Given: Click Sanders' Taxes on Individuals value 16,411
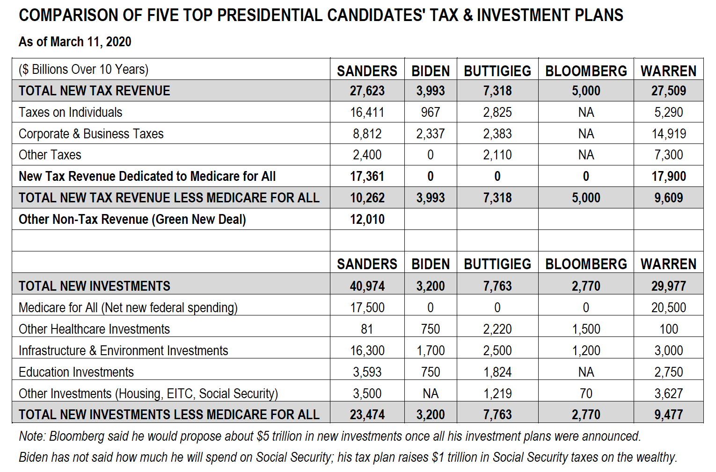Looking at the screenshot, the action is (x=367, y=112).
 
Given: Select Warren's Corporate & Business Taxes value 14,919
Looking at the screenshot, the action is (x=669, y=134).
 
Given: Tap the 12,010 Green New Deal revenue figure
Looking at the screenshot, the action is (x=367, y=219).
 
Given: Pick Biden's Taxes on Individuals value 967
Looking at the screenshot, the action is (x=430, y=112).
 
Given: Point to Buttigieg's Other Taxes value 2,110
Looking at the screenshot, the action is (x=497, y=155).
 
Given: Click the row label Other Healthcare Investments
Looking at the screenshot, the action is (x=94, y=329).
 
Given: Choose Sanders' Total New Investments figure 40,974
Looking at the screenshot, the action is (x=367, y=286).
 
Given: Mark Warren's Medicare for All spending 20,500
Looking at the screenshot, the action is (x=669, y=308).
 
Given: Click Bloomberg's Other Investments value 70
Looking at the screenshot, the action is (x=586, y=393).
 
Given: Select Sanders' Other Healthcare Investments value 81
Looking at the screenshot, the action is (x=367, y=329).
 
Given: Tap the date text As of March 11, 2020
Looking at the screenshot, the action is (x=75, y=42).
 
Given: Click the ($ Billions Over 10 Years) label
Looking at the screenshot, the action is (x=83, y=70).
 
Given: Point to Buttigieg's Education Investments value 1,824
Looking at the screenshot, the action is (x=497, y=372).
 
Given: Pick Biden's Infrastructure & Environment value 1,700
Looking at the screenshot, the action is (x=430, y=351).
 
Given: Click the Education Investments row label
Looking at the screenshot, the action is (x=76, y=372).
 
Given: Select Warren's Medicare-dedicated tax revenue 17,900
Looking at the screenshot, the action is (x=669, y=177).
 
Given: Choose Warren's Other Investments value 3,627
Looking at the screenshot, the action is (x=669, y=393).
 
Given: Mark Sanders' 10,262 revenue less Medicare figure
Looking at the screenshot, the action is (x=367, y=198).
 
